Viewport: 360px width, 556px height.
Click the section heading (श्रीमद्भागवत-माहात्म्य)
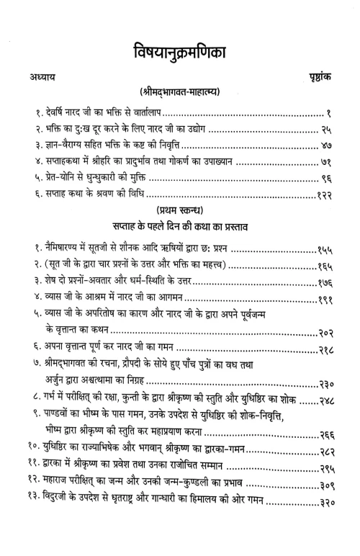(x=180, y=92)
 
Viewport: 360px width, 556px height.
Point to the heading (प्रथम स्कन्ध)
(x=180, y=234)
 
